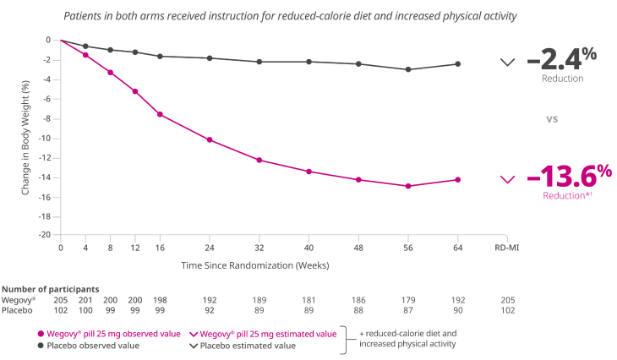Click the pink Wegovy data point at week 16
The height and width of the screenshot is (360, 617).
coord(160,114)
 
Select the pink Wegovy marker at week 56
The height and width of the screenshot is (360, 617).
coord(408,185)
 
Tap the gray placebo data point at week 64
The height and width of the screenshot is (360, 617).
coord(458,64)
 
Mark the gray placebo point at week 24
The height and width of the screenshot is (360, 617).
coord(210,57)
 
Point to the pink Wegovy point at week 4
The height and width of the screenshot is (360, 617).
coord(85,54)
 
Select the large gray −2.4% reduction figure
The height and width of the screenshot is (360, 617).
coord(561,60)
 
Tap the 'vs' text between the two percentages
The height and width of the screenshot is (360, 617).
coord(553,119)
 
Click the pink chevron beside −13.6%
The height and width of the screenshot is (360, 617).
coord(507,179)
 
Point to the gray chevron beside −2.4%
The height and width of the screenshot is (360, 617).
coord(507,62)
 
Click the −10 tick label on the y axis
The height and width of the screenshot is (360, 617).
coord(49,138)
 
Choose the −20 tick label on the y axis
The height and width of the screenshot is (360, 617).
coord(49,235)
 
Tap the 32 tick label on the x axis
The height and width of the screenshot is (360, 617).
coord(259,250)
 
